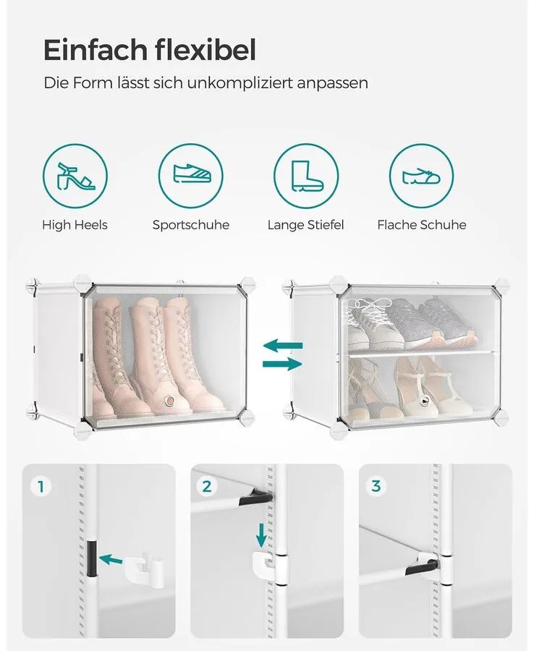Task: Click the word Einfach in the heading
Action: click(x=95, y=50)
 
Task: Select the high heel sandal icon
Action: click(x=75, y=176)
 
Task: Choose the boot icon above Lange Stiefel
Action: click(x=306, y=176)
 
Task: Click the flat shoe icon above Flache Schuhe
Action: click(x=422, y=176)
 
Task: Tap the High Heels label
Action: click(x=75, y=225)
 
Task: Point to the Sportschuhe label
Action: click(x=190, y=225)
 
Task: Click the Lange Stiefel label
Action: click(x=306, y=225)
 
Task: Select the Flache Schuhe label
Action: click(x=422, y=225)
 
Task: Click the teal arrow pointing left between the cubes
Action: click(x=283, y=346)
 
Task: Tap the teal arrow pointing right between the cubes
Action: click(x=282, y=365)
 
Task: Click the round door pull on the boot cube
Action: click(x=169, y=400)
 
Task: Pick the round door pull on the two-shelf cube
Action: click(x=424, y=400)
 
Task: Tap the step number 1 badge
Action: click(x=41, y=486)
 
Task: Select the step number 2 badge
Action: click(x=207, y=486)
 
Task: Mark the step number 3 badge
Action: click(x=376, y=486)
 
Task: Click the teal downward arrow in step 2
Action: click(x=261, y=536)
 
